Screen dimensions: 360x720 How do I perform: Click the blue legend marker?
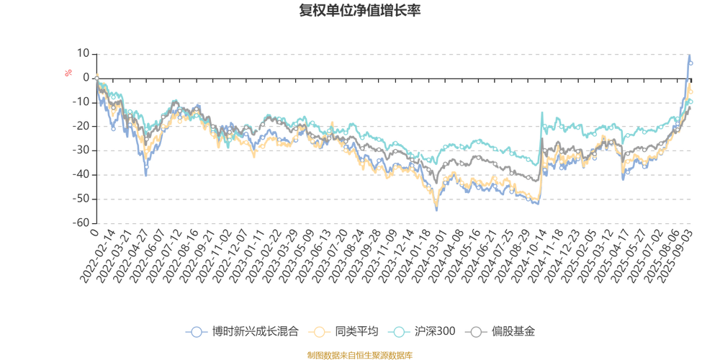point(195,332)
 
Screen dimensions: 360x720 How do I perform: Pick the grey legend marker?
point(476,332)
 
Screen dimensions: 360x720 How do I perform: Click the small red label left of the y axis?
point(68,72)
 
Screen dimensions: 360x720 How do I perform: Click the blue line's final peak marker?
point(690,63)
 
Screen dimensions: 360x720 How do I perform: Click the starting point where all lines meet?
point(96,77)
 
